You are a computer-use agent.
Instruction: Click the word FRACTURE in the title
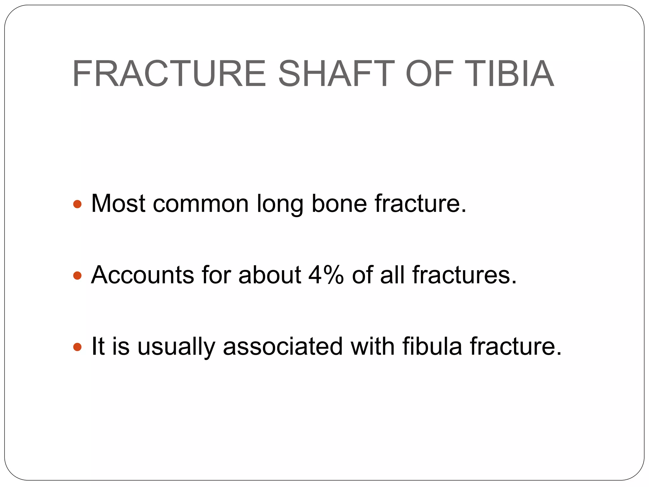coord(169,74)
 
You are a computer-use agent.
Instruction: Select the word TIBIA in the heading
coord(510,74)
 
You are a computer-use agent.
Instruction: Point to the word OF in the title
coord(429,74)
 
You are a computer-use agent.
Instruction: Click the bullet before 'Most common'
coord(77,204)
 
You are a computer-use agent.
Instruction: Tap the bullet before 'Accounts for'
coord(77,275)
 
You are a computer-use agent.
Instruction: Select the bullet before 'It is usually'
coord(77,347)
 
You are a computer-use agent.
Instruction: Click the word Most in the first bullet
coord(118,203)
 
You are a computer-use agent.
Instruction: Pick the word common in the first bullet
coord(201,203)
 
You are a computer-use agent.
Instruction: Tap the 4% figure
coord(326,275)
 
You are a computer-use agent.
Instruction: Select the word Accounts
coord(142,275)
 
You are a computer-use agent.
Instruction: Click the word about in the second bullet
coord(270,275)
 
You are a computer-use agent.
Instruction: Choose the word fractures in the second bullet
coord(464,275)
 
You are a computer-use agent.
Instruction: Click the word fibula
coord(432,346)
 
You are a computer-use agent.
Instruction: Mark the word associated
coord(283,346)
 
